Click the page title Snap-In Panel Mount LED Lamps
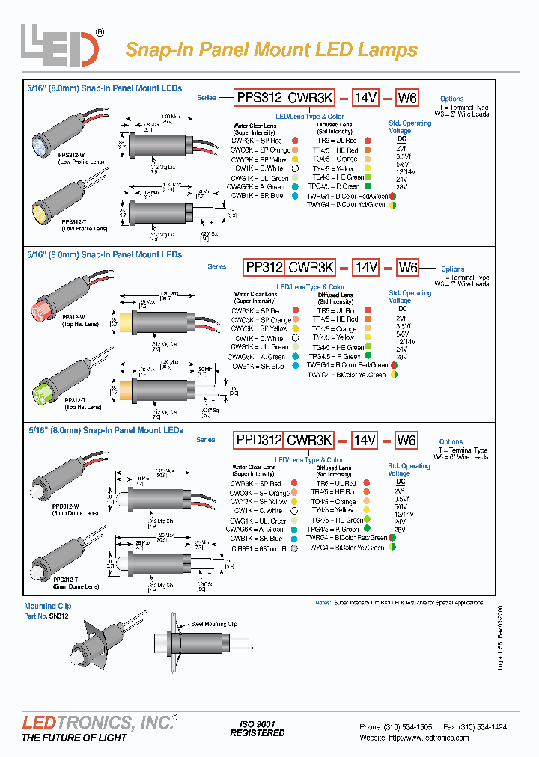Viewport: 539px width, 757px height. (x=271, y=50)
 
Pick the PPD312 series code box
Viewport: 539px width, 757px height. (x=258, y=440)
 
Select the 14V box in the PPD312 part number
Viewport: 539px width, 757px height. (x=365, y=440)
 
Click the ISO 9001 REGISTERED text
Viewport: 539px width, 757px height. (x=257, y=729)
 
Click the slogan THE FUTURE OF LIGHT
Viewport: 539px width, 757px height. (x=74, y=738)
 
